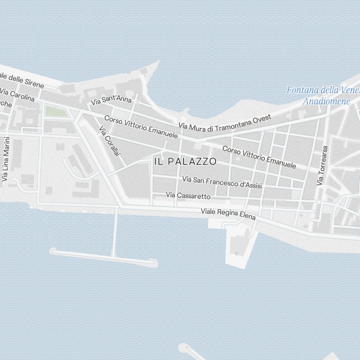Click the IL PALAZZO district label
[185, 162]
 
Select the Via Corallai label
[110, 141]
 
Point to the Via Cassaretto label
[188, 195]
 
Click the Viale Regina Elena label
[228, 214]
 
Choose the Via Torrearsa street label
[322, 166]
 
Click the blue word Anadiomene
[326, 101]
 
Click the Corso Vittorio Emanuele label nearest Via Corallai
[141, 127]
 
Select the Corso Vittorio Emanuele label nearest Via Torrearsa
[259, 157]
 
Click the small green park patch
[56, 112]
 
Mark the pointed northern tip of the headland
[158, 61]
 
